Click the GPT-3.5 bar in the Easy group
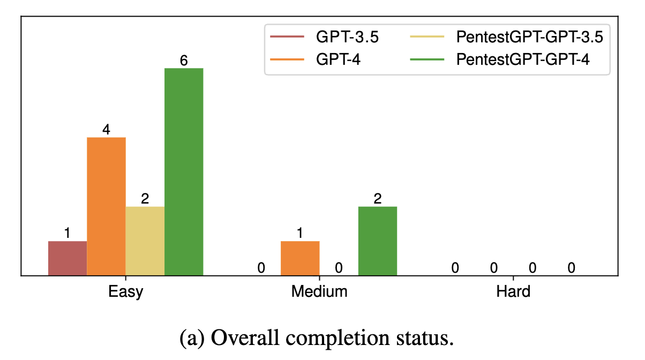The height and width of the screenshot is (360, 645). click(67, 258)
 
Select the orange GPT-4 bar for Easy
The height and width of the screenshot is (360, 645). click(106, 206)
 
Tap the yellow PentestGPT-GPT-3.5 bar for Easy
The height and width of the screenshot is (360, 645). click(145, 241)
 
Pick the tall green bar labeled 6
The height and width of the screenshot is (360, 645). click(184, 171)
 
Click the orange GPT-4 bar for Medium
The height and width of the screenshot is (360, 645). click(300, 258)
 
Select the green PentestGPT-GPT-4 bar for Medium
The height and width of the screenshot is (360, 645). click(378, 241)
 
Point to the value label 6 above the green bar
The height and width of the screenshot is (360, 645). click(184, 61)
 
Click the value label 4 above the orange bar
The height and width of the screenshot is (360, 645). click(106, 130)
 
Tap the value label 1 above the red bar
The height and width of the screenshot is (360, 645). click(67, 234)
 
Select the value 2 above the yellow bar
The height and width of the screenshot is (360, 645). click(145, 199)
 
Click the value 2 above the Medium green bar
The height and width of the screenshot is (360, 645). click(378, 199)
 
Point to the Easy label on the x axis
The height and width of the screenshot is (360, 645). click(126, 292)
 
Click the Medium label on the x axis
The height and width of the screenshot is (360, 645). click(319, 292)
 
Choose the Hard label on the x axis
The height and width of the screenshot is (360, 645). click(513, 292)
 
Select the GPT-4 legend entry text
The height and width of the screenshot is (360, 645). click(337, 59)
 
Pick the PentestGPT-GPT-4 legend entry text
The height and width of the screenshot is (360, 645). click(523, 59)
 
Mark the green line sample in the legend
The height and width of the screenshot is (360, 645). click(427, 60)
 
